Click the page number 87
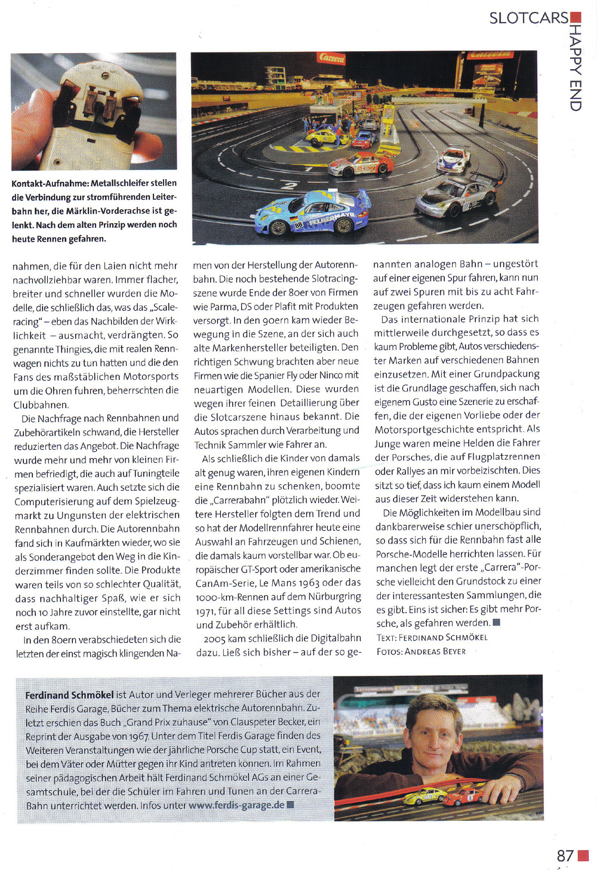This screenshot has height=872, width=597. (x=565, y=856)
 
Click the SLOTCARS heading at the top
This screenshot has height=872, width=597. (x=528, y=18)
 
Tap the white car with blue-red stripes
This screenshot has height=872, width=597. (x=453, y=159)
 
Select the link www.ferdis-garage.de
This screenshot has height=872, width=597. (x=236, y=805)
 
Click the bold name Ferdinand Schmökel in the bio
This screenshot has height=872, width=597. (x=69, y=695)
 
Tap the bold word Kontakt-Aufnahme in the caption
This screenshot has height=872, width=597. (x=50, y=183)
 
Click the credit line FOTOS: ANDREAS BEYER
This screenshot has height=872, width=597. (x=421, y=651)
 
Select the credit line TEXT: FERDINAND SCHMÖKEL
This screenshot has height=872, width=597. (x=432, y=637)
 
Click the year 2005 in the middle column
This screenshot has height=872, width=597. (x=214, y=638)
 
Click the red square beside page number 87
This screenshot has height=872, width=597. (x=583, y=856)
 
